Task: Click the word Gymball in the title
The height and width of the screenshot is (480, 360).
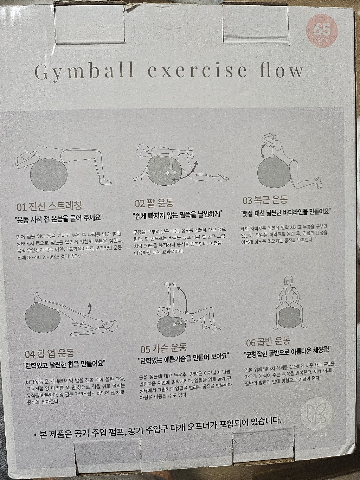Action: point(84,71)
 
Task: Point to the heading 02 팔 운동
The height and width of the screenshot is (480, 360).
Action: point(154,203)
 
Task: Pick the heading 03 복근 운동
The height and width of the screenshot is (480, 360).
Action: point(265,200)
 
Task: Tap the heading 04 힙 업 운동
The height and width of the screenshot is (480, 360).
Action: point(50,353)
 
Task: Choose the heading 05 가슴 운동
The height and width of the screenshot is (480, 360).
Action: point(163,348)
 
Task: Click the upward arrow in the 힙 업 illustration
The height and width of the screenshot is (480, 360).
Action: point(90,308)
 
